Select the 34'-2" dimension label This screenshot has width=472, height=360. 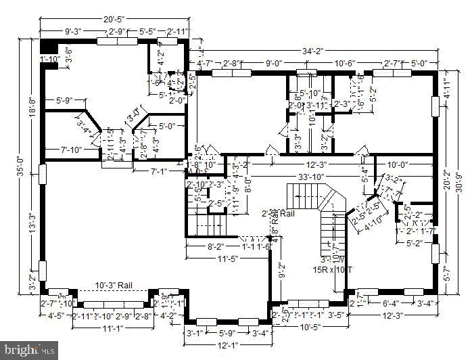[313, 50]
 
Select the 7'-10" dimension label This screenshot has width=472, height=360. [71, 150]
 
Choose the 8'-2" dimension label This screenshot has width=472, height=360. [214, 247]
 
